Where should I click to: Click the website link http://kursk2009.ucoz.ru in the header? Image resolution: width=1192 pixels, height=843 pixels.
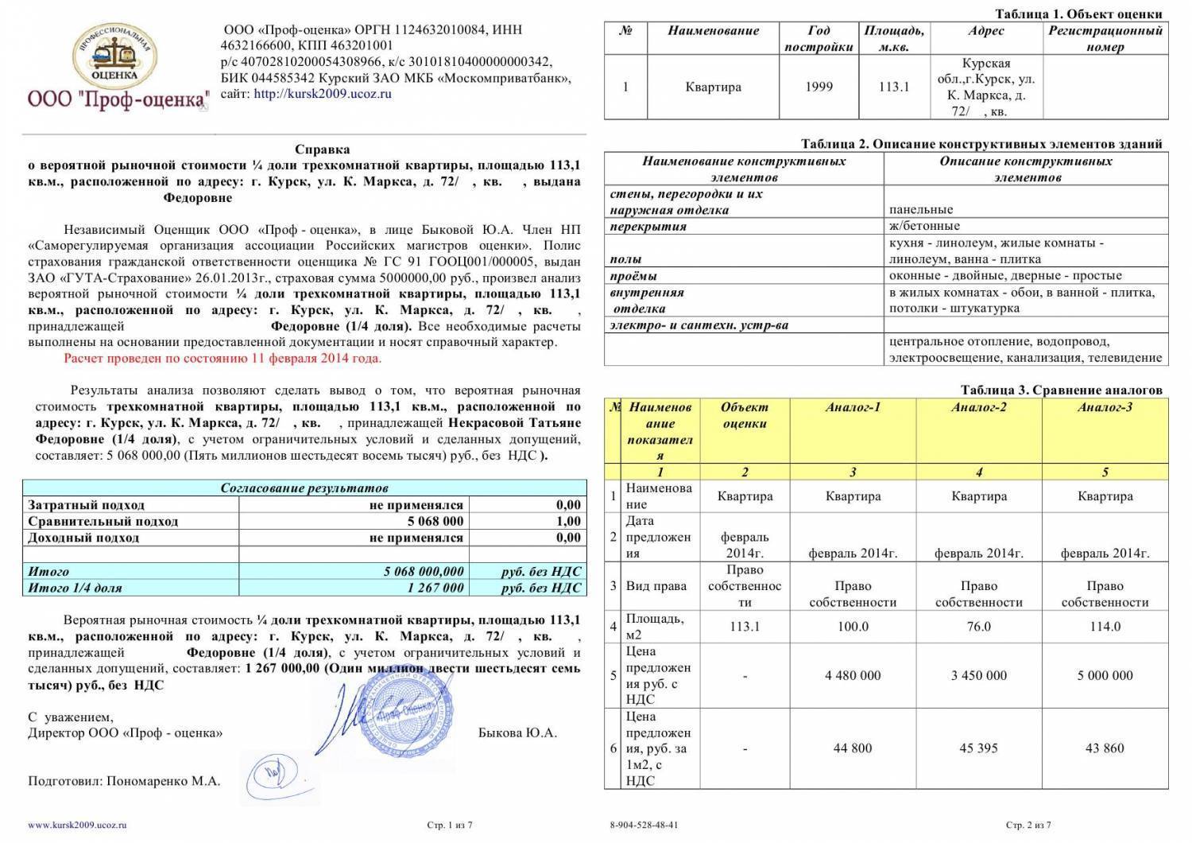[x=323, y=94]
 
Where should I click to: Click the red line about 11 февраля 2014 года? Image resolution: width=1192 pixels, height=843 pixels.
[x=223, y=358]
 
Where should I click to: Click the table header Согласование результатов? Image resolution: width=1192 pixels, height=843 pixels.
[x=304, y=488]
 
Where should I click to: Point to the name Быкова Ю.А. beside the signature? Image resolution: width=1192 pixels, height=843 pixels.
[x=517, y=732]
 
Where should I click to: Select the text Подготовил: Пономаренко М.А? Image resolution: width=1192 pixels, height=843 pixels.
[x=124, y=781]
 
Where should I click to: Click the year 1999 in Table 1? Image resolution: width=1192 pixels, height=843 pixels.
[x=819, y=87]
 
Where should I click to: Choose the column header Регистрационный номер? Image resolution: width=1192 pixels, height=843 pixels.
[x=1105, y=38]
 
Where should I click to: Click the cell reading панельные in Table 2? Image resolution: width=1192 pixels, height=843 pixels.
[x=921, y=210]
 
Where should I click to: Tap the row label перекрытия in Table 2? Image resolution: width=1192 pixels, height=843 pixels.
[x=648, y=227]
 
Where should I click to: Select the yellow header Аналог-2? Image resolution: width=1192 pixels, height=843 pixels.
[x=978, y=407]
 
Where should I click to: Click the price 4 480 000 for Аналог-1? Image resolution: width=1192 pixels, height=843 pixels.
[x=853, y=675]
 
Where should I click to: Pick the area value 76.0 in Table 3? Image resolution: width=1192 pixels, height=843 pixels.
[x=978, y=627]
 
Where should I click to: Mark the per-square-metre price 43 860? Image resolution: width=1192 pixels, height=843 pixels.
[x=1105, y=748]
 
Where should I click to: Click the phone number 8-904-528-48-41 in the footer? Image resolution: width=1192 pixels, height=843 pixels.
[x=644, y=826]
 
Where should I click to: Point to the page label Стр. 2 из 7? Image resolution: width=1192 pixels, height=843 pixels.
[x=1028, y=826]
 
